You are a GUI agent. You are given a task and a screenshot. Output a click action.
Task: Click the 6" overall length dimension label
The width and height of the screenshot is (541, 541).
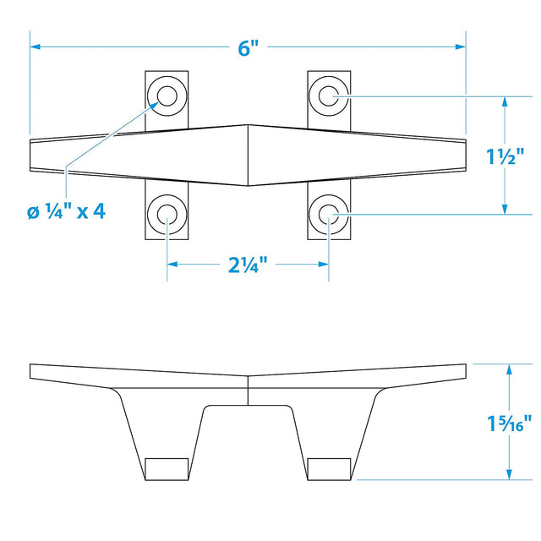(x=248, y=48)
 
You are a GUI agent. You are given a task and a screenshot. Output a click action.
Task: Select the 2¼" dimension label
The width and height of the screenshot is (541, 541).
(x=247, y=265)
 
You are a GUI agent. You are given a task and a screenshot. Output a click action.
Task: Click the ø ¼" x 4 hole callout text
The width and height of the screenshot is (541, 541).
(x=65, y=210)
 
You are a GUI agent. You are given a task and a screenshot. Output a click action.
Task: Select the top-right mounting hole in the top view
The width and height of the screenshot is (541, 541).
(x=328, y=96)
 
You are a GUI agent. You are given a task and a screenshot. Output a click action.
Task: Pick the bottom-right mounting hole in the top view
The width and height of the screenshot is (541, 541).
(x=328, y=216)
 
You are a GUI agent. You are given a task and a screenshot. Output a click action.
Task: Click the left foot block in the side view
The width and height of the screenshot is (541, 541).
(x=167, y=468)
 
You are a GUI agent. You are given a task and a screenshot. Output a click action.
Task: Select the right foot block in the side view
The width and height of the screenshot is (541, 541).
(x=329, y=468)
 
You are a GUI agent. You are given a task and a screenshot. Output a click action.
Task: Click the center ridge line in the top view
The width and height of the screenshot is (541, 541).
(x=248, y=156)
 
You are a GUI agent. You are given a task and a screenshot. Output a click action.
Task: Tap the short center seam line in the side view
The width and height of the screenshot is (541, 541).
(x=248, y=391)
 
